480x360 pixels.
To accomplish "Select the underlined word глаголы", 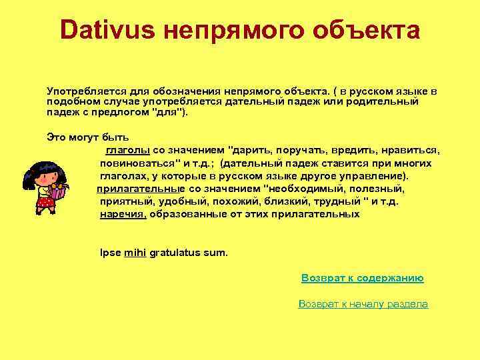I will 127,150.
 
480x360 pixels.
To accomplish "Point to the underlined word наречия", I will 123,214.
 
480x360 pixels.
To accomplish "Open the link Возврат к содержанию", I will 363,278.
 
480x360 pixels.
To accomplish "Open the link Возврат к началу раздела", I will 363,303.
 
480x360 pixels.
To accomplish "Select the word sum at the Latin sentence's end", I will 219,253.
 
